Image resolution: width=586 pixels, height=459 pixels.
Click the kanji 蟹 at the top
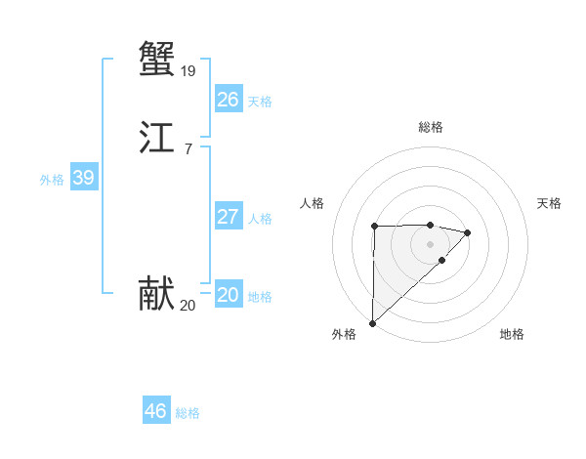pyautogui.click(x=156, y=59)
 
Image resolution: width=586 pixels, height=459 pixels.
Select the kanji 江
pyautogui.click(x=156, y=139)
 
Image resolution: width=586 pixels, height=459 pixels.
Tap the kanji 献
pyautogui.click(x=156, y=294)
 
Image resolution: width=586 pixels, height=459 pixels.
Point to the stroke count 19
pyautogui.click(x=188, y=70)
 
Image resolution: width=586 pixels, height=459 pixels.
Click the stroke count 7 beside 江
pyautogui.click(x=188, y=149)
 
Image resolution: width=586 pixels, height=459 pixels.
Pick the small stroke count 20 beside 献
pyautogui.click(x=188, y=306)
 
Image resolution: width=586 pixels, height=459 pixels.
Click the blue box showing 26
pyautogui.click(x=228, y=100)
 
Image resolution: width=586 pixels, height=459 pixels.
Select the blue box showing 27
pyautogui.click(x=228, y=217)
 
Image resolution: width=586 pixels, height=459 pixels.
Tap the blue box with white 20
pyautogui.click(x=228, y=295)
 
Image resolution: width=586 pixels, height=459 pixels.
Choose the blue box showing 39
pyautogui.click(x=83, y=178)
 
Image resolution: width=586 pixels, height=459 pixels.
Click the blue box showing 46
pyautogui.click(x=155, y=411)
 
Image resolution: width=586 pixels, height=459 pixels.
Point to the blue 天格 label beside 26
pyautogui.click(x=260, y=102)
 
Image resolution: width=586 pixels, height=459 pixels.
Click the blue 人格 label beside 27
pyautogui.click(x=260, y=219)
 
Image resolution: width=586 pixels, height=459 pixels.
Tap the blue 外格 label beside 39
pyautogui.click(x=52, y=180)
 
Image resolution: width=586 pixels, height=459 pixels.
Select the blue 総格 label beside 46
pyautogui.click(x=188, y=413)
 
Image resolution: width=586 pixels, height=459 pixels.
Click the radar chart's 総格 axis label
pyautogui.click(x=430, y=127)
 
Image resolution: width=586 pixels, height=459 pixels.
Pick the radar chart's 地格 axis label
pyautogui.click(x=512, y=334)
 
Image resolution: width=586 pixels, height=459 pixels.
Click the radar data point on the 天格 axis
pyautogui.click(x=468, y=232)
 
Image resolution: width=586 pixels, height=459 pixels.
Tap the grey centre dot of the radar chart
pyautogui.click(x=430, y=243)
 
